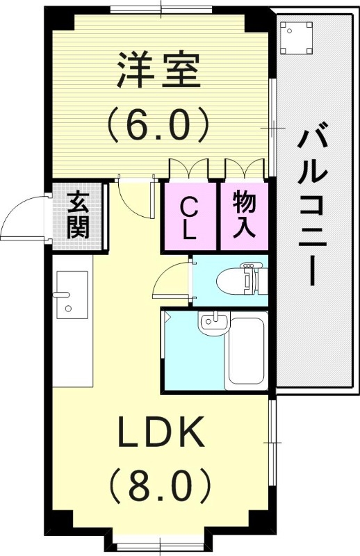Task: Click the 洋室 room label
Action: point(158,72)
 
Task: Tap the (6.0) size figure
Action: point(158,126)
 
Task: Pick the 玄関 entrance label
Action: point(79,215)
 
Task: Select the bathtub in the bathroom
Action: point(247,354)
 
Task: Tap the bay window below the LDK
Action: point(162,541)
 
